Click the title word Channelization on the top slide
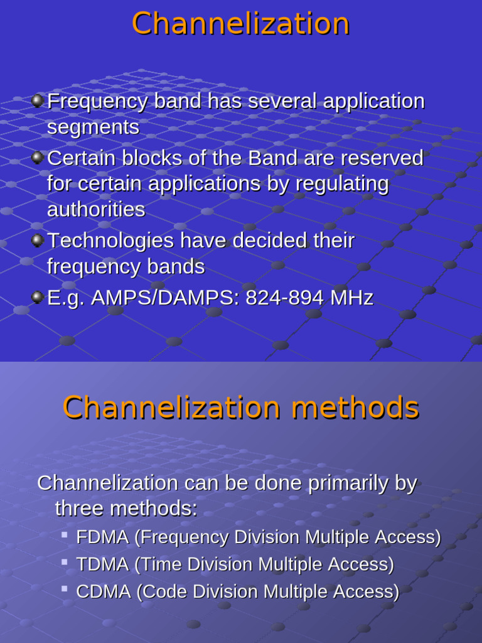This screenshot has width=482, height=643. pos(240,24)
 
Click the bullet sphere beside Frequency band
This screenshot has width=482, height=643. pos(38,100)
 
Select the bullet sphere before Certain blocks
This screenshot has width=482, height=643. pos(38,156)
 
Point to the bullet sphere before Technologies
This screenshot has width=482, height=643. pos(38,239)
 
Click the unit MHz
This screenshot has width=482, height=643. pos(353,298)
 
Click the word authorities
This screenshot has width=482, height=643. pos(96,210)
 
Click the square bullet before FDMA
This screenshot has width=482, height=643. pos(64,535)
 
